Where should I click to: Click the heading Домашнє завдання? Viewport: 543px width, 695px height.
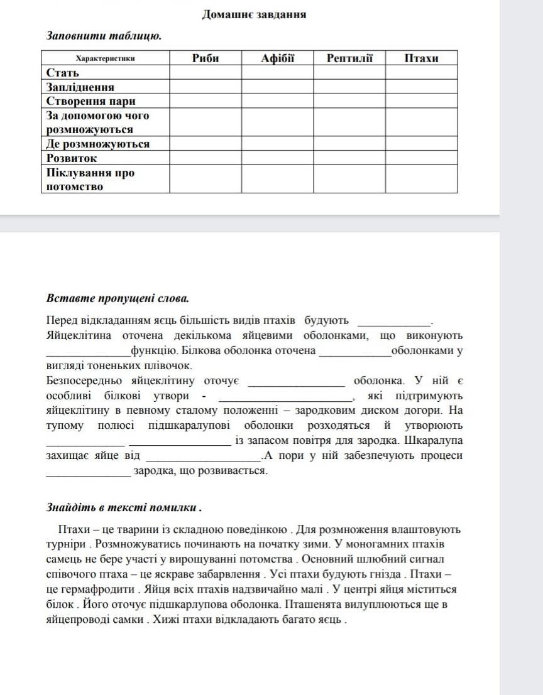coord(254,14)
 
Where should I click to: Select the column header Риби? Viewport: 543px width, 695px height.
coord(205,58)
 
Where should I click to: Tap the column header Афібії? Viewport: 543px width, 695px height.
coord(277,58)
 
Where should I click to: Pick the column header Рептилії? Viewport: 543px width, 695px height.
coord(349,58)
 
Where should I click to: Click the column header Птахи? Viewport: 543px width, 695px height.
coord(421,58)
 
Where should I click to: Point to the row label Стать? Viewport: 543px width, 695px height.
coord(63,72)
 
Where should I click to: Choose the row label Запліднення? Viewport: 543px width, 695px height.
coord(80,87)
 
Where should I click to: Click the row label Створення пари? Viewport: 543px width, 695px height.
coord(91,101)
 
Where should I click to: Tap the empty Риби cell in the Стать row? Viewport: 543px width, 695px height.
coord(205,72)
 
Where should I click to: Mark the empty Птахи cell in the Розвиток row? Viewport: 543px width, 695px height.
coord(421,158)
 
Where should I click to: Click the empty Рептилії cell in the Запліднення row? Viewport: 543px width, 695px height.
coord(349,87)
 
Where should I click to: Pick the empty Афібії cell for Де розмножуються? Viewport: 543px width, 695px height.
coord(277,144)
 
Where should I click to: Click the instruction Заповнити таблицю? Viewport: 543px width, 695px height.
coord(104,36)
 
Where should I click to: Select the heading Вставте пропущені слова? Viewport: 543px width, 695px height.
coord(118,298)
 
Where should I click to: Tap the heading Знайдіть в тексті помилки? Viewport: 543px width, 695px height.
coord(124,507)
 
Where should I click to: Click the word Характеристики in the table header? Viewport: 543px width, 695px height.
coord(106,58)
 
